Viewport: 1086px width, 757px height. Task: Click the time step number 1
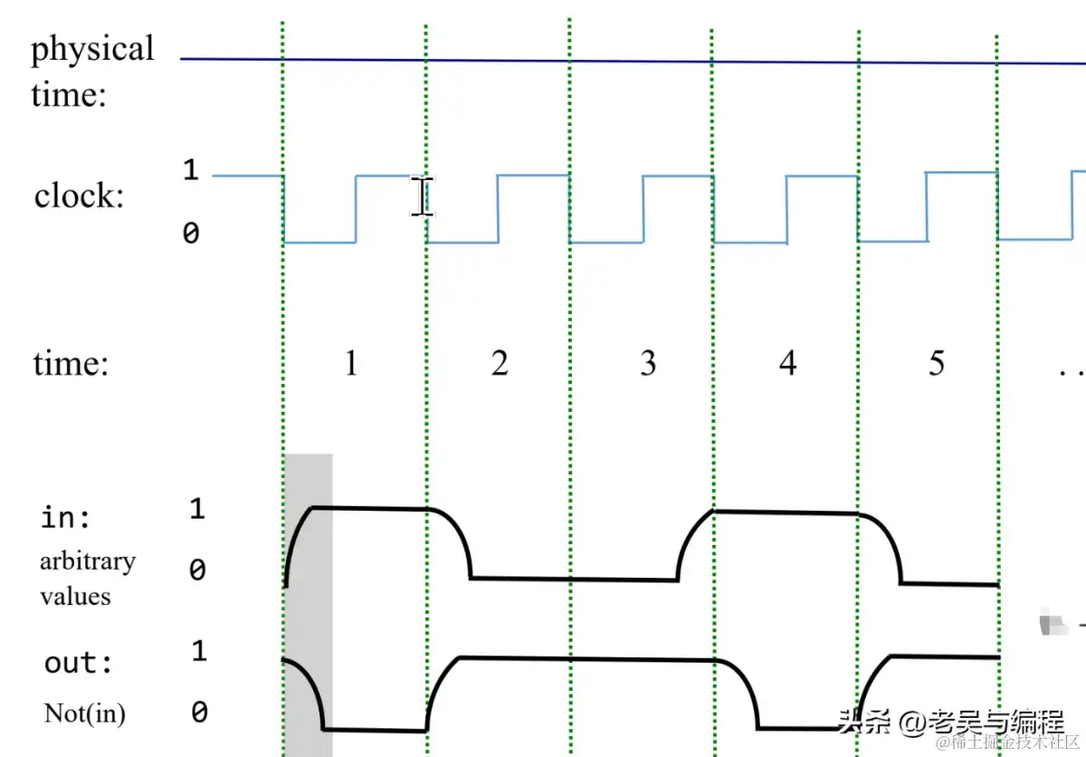(351, 364)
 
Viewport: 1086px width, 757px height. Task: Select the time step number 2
(500, 364)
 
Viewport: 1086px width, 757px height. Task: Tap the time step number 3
(648, 364)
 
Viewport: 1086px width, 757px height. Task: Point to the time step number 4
(788, 364)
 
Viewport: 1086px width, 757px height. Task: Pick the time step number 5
(937, 364)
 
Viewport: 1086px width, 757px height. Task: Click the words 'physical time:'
(91, 71)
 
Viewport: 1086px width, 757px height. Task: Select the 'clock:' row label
(80, 196)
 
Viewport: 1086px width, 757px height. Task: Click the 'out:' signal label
(79, 663)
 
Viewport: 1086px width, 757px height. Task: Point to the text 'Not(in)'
(85, 714)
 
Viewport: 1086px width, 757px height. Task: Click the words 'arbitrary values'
(87, 579)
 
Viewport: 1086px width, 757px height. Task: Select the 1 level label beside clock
(190, 169)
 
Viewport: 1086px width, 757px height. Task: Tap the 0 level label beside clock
(190, 234)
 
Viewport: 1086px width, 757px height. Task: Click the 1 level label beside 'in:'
(197, 510)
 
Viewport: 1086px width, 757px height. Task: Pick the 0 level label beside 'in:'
(197, 570)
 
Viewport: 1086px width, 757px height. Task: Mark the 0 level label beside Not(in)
(199, 713)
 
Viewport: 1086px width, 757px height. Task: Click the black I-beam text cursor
(421, 196)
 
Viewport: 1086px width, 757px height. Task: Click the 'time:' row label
(71, 364)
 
